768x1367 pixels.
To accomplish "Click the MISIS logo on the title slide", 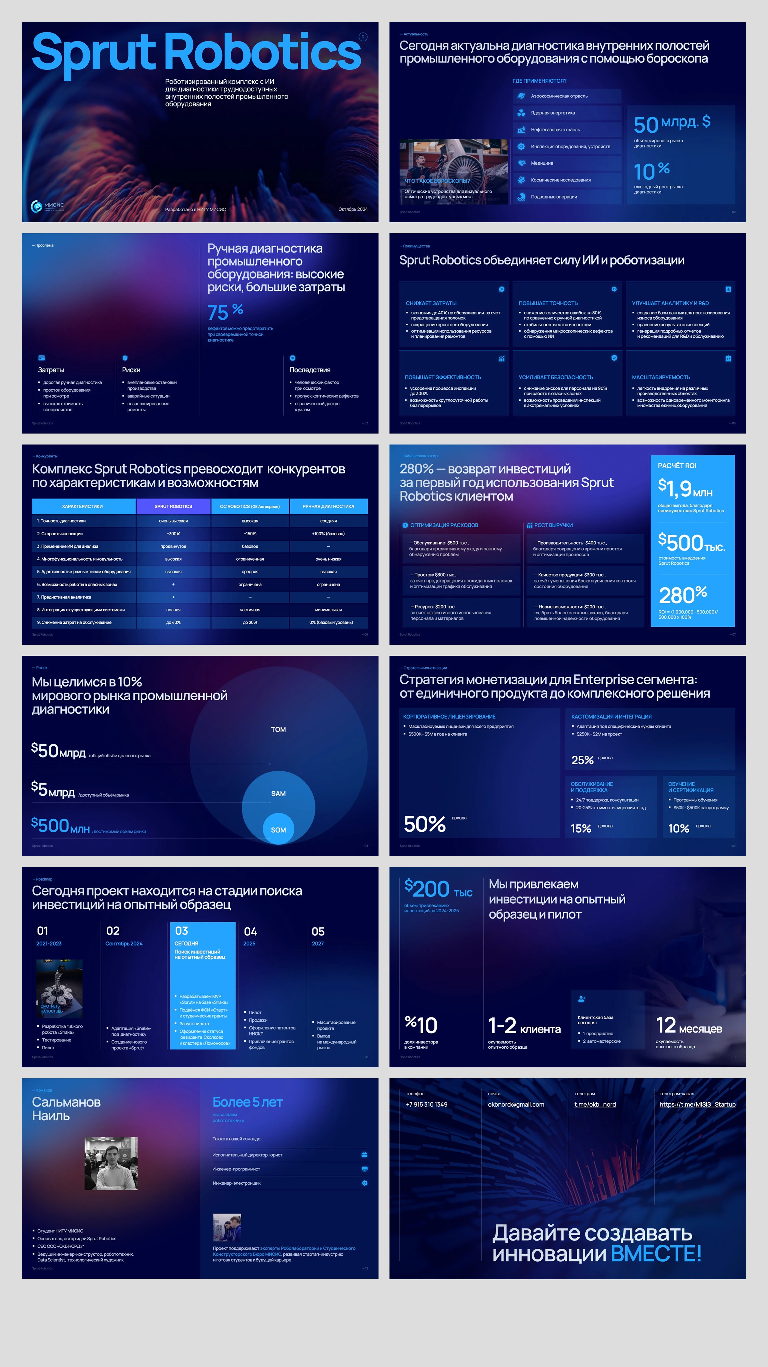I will pyautogui.click(x=47, y=206).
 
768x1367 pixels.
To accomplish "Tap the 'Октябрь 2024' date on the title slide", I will pyautogui.click(x=353, y=209).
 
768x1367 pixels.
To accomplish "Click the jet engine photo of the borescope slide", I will pyautogui.click(x=453, y=171).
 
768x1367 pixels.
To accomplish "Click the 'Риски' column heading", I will pyautogui.click(x=131, y=370).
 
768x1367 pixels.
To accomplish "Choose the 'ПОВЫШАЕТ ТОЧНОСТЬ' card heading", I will pyautogui.click(x=548, y=303).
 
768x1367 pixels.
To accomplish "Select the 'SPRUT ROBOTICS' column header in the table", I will pyautogui.click(x=173, y=506).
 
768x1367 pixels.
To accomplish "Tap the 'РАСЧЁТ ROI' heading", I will pyautogui.click(x=677, y=465).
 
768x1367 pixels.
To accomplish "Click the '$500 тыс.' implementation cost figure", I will pyautogui.click(x=691, y=543).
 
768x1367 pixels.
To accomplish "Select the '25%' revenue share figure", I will pyautogui.click(x=582, y=760).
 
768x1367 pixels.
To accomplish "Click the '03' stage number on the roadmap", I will pyautogui.click(x=181, y=931).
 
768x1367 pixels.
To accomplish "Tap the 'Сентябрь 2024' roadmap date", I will pyautogui.click(x=124, y=944).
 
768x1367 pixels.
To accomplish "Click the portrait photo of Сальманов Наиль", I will pyautogui.click(x=111, y=1163).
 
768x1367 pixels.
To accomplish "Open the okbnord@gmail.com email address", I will pyautogui.click(x=516, y=1104).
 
